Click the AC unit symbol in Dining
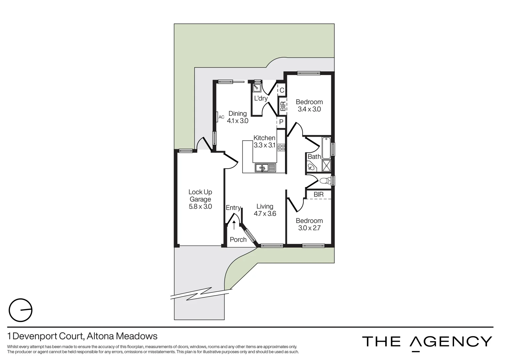tap(217, 117)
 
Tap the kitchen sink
tap(265, 168)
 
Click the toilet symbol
tap(324, 181)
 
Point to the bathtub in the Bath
tap(326, 147)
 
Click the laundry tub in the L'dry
tap(257, 88)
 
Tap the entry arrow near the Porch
tap(234, 225)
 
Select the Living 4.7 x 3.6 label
tap(265, 210)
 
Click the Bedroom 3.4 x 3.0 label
tap(309, 105)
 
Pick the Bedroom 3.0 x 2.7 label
tap(309, 224)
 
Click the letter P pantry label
tap(281, 122)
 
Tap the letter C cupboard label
tap(282, 90)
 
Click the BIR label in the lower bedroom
tap(318, 194)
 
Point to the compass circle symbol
tap(20, 310)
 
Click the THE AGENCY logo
tap(427, 342)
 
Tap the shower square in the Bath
tap(326, 166)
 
